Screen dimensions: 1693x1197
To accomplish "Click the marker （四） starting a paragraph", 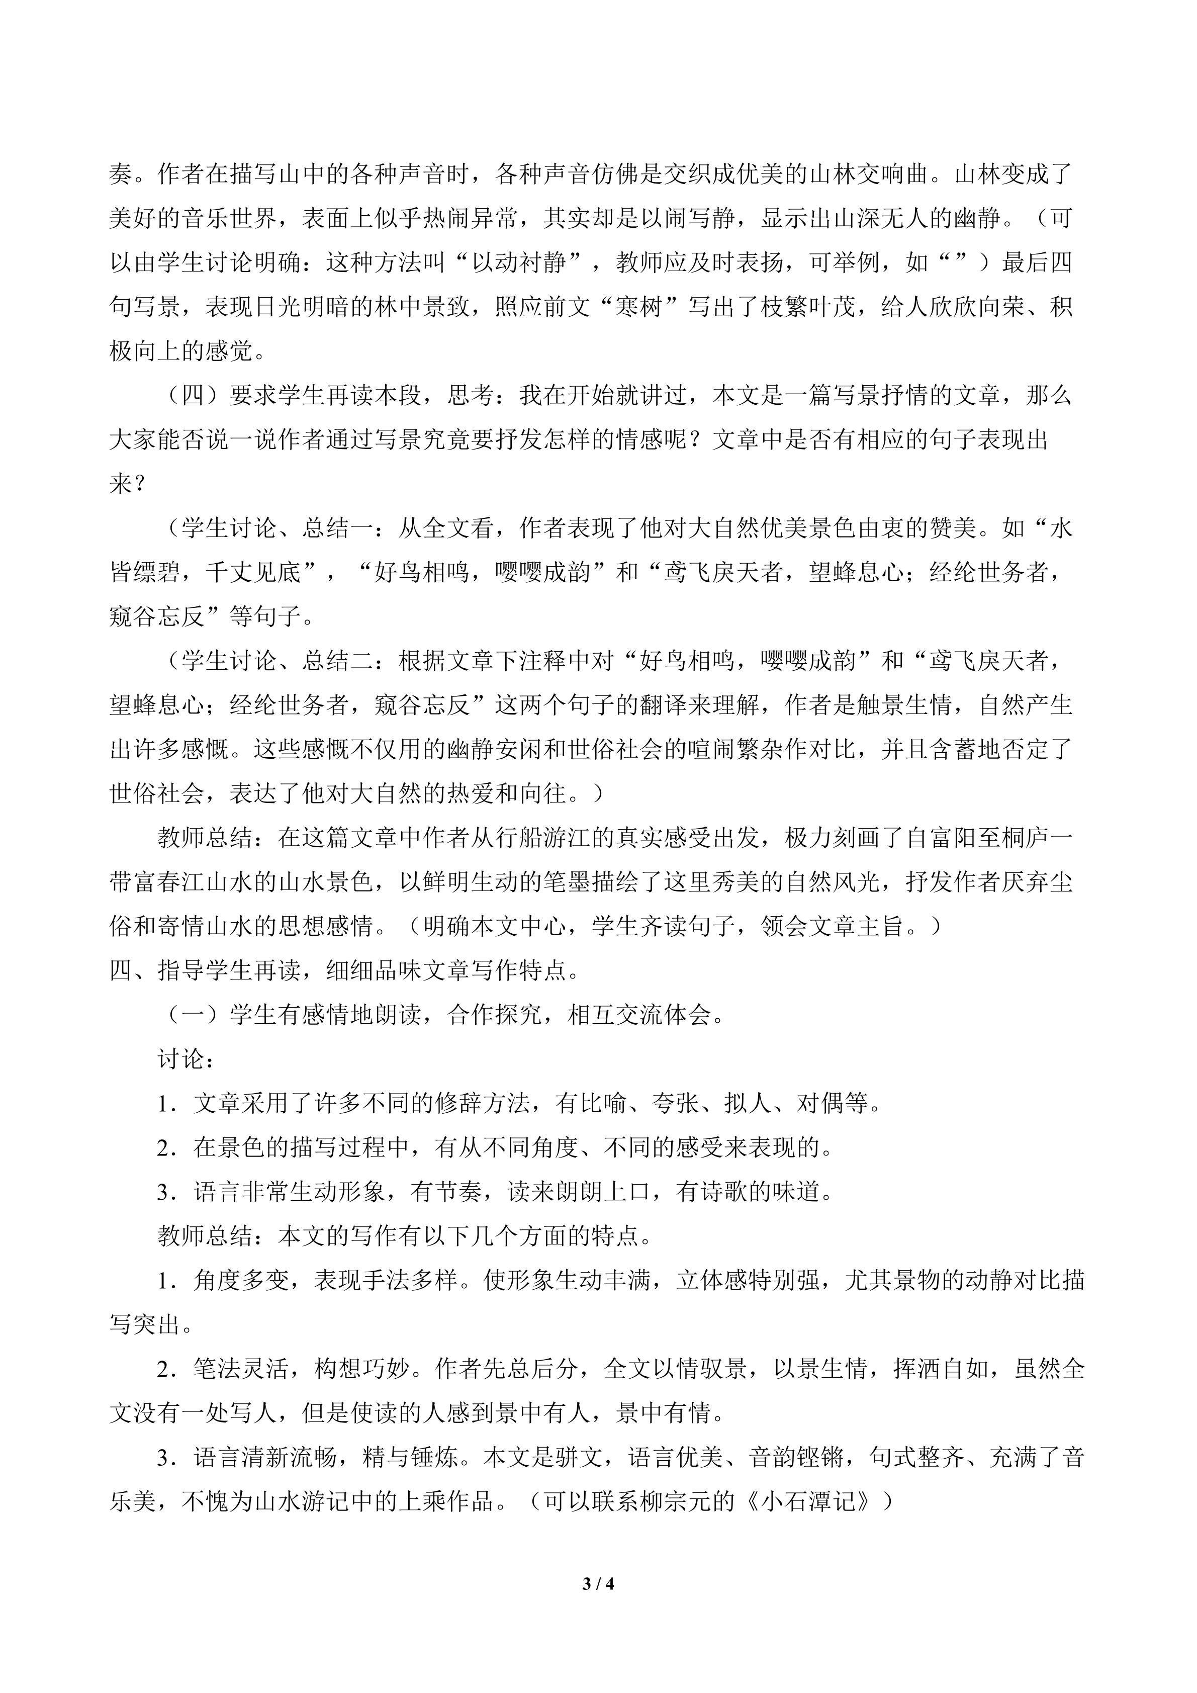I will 193,395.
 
